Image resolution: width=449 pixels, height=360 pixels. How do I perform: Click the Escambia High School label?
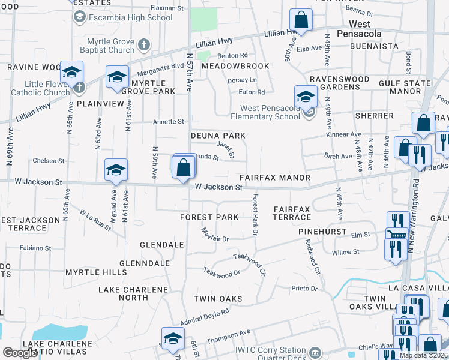(x=130, y=17)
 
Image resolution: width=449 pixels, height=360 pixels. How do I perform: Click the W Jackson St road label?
(x=218, y=187)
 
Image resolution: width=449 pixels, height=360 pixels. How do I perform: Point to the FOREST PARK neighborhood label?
(x=210, y=217)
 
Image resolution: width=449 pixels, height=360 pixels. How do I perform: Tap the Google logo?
(x=20, y=353)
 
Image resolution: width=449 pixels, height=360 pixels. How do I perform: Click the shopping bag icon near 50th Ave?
(x=301, y=20)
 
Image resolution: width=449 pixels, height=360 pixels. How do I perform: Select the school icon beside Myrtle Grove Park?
(x=117, y=77)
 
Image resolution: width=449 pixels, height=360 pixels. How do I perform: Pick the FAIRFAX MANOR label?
(x=275, y=178)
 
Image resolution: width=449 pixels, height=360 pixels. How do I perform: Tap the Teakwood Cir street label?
(x=249, y=264)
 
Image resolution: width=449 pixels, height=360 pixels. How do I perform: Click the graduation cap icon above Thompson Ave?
(x=173, y=338)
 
